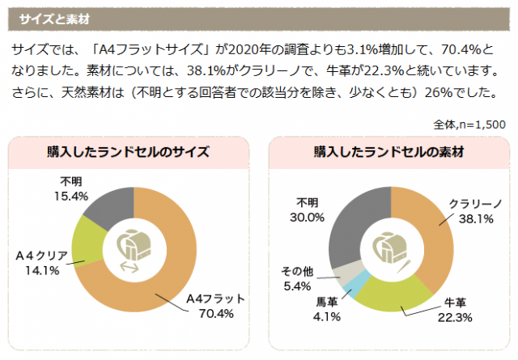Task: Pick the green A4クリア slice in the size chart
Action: click(86, 243)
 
